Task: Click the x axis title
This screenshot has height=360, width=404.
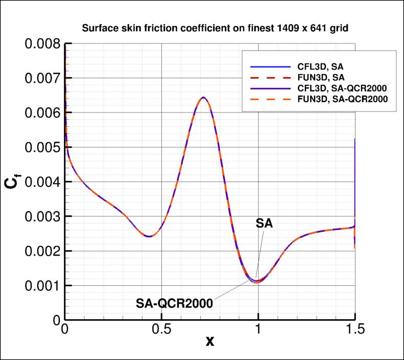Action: (209, 341)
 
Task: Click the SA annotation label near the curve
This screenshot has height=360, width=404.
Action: (264, 223)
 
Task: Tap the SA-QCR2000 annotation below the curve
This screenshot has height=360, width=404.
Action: (174, 303)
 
